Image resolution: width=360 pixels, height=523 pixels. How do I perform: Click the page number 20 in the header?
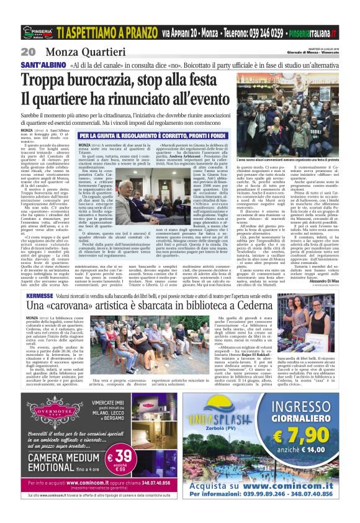[28, 51]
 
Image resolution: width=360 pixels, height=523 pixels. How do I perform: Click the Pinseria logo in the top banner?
[37, 32]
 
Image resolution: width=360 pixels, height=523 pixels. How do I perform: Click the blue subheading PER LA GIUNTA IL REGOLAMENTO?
[156, 135]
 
